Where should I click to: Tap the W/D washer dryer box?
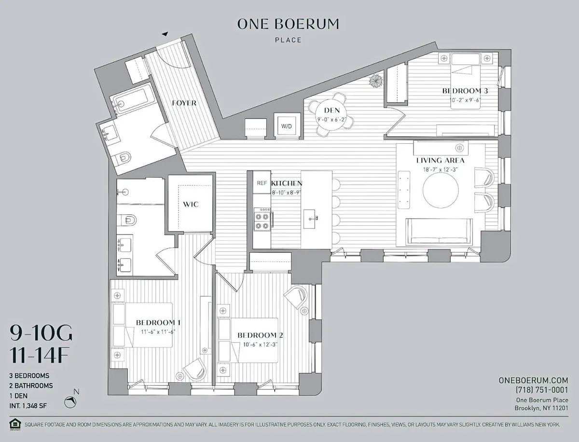287,126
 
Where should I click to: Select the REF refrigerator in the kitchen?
262,183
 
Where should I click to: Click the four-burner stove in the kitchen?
262,220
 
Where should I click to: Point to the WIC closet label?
191,204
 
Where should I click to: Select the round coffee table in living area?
441,191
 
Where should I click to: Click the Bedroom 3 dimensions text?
461,100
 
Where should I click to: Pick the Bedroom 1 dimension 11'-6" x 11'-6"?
152,331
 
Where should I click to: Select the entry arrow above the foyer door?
165,34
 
